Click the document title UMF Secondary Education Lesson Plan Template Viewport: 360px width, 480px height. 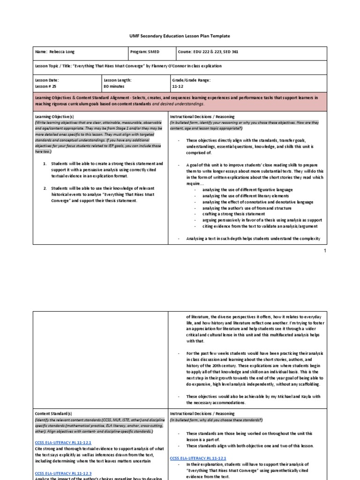(180, 36)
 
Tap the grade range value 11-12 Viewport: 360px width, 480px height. (178, 86)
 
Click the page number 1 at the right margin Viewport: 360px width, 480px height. (324, 251)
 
